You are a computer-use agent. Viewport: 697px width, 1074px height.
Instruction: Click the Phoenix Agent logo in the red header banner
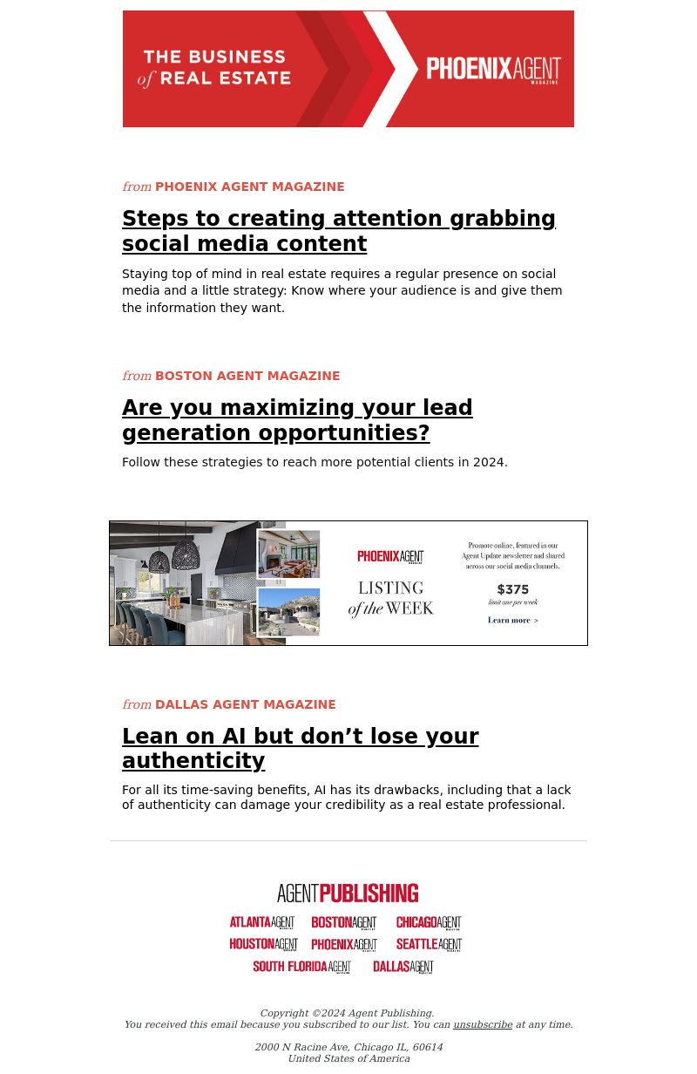(493, 70)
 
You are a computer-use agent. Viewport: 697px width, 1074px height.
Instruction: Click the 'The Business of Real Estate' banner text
(214, 69)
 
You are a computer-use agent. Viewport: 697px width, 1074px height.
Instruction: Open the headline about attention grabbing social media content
(339, 231)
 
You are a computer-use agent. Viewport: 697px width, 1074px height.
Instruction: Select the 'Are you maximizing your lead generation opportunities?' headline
(297, 420)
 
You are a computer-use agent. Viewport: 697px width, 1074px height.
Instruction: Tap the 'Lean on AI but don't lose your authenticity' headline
(300, 749)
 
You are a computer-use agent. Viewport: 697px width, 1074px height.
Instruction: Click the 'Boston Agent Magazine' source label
(247, 376)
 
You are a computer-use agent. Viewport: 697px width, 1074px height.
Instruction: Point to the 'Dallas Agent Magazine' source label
(245, 704)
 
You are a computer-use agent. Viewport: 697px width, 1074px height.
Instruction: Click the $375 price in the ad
(513, 589)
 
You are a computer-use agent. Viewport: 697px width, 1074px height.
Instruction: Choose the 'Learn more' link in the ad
(513, 621)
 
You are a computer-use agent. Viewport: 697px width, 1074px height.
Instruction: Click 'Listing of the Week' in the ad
(390, 599)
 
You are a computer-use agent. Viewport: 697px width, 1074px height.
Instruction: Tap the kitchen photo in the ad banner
(184, 583)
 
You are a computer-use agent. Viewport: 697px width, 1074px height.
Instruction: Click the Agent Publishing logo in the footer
(348, 893)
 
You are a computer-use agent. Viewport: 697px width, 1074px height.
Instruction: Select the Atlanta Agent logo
(262, 922)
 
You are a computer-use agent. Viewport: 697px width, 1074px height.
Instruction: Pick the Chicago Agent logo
(429, 922)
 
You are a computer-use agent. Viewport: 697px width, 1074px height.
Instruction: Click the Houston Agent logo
(264, 944)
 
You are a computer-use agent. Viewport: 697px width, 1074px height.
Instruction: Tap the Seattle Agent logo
(429, 944)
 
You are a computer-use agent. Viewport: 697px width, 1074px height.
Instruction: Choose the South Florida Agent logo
(301, 967)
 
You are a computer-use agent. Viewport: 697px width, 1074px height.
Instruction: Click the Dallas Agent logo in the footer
(403, 967)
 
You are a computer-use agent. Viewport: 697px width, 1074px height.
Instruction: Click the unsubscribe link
(483, 1024)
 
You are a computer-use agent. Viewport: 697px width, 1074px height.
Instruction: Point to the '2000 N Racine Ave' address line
(348, 1047)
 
